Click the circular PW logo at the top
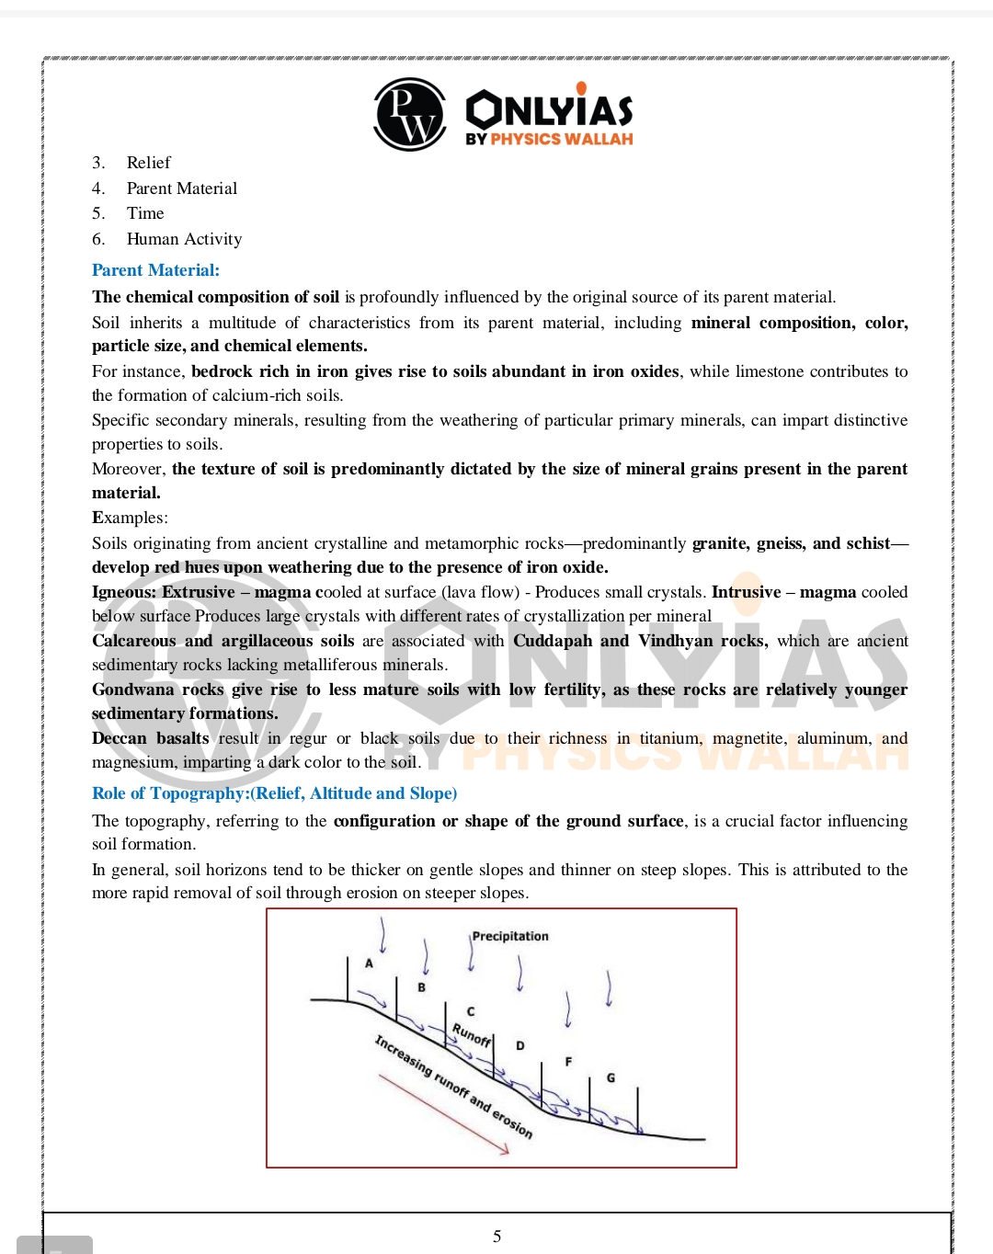(410, 115)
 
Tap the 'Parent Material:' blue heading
(155, 270)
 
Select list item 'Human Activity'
(184, 239)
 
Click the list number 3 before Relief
(97, 163)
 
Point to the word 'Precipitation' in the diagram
(510, 936)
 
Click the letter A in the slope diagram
(370, 963)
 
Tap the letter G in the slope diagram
(611, 1077)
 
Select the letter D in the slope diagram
(520, 1045)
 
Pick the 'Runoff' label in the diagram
(472, 1035)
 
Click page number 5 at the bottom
(496, 1237)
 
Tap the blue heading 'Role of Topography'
(274, 793)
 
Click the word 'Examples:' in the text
(130, 518)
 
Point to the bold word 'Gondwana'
(132, 690)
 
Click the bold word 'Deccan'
(119, 738)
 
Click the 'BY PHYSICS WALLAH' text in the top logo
(549, 139)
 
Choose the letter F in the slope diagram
(568, 1062)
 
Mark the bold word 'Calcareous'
(133, 641)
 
